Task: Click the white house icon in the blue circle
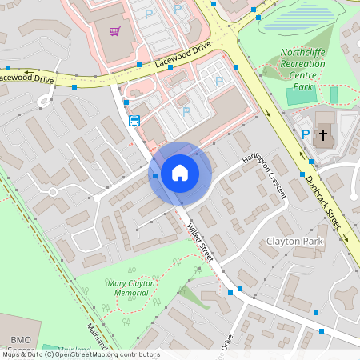[179, 173]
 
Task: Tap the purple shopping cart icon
[115, 31]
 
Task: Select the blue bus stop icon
[134, 121]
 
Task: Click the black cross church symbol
[323, 135]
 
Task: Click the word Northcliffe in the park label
[303, 54]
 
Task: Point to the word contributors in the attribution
[136, 354]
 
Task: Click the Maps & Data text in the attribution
[21, 354]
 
